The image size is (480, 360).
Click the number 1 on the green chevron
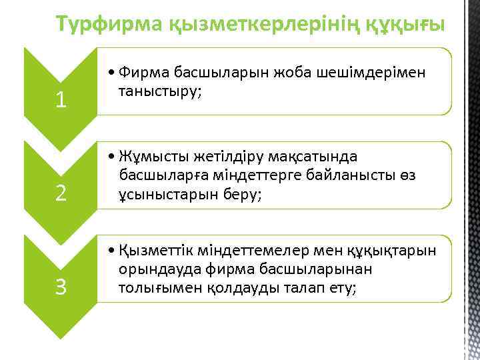61,100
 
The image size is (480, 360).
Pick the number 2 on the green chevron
61,193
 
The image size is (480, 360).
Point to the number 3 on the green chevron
61,287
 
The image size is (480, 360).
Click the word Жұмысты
148,157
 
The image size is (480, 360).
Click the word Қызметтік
153,251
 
